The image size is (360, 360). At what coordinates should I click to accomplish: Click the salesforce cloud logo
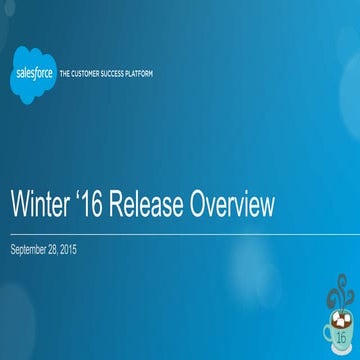pyautogui.click(x=35, y=74)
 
